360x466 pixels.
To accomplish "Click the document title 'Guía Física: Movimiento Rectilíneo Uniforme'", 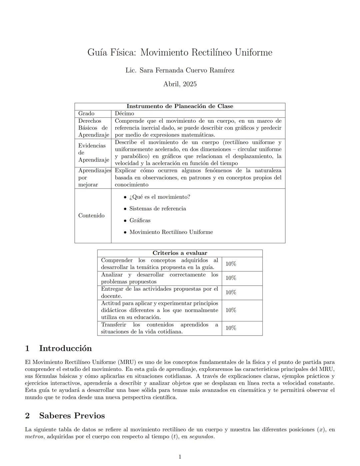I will [x=180, y=52].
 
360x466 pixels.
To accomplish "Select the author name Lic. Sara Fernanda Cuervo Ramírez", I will [x=180, y=70].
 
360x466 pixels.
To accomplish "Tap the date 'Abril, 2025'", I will [x=180, y=84].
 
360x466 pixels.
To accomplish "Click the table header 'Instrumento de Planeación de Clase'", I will [x=180, y=106].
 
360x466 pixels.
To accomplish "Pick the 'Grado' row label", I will [x=86, y=114].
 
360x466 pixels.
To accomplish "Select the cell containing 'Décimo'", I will [x=124, y=114].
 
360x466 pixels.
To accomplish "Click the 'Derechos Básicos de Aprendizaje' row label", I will [x=93, y=128].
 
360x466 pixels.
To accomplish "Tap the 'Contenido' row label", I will [x=91, y=215].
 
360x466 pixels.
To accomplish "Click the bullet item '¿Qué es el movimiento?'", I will [x=160, y=197].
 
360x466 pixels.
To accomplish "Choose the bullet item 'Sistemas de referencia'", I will [x=158, y=208].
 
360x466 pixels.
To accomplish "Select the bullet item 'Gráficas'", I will [x=140, y=220].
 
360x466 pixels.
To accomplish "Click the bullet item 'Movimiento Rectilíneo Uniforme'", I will [x=171, y=232].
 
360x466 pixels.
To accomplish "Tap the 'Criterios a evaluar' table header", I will [x=180, y=253].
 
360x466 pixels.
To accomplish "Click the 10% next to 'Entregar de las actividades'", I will [x=231, y=293].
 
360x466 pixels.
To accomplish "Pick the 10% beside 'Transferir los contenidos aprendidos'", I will [x=231, y=328].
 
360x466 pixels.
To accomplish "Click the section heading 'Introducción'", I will [x=65, y=348].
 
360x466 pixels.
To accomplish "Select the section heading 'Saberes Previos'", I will [x=72, y=416].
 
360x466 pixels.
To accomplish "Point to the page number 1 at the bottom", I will [x=180, y=457].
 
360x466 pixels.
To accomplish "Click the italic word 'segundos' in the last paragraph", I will [x=201, y=437].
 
